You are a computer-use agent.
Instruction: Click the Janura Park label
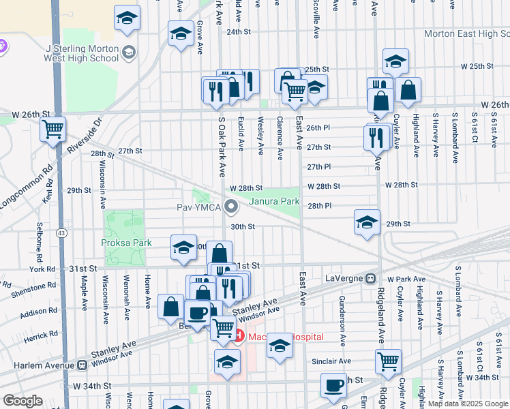(x=274, y=202)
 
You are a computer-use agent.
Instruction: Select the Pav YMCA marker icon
(x=232, y=205)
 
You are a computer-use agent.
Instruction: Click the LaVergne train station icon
(x=370, y=279)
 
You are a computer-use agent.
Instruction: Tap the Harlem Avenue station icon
(x=83, y=364)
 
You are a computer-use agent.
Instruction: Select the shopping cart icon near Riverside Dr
(x=52, y=128)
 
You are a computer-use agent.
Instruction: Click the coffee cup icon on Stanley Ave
(x=198, y=313)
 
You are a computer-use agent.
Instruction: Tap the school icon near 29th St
(x=367, y=222)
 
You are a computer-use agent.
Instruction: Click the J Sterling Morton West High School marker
(x=127, y=52)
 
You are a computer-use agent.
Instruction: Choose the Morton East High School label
(x=466, y=33)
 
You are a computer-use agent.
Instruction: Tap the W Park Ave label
(x=406, y=279)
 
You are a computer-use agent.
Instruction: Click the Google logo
(x=22, y=401)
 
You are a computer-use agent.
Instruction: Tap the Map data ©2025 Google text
(x=470, y=404)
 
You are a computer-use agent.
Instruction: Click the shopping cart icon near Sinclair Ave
(x=388, y=361)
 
